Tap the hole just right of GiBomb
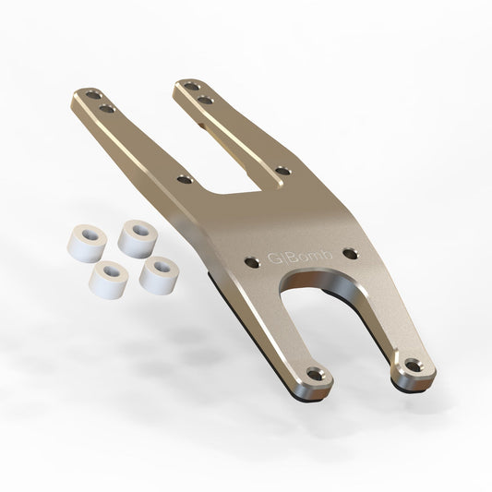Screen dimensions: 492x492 click(349, 252)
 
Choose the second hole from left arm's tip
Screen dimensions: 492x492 click(107, 109)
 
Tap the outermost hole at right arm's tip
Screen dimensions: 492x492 click(188, 85)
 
